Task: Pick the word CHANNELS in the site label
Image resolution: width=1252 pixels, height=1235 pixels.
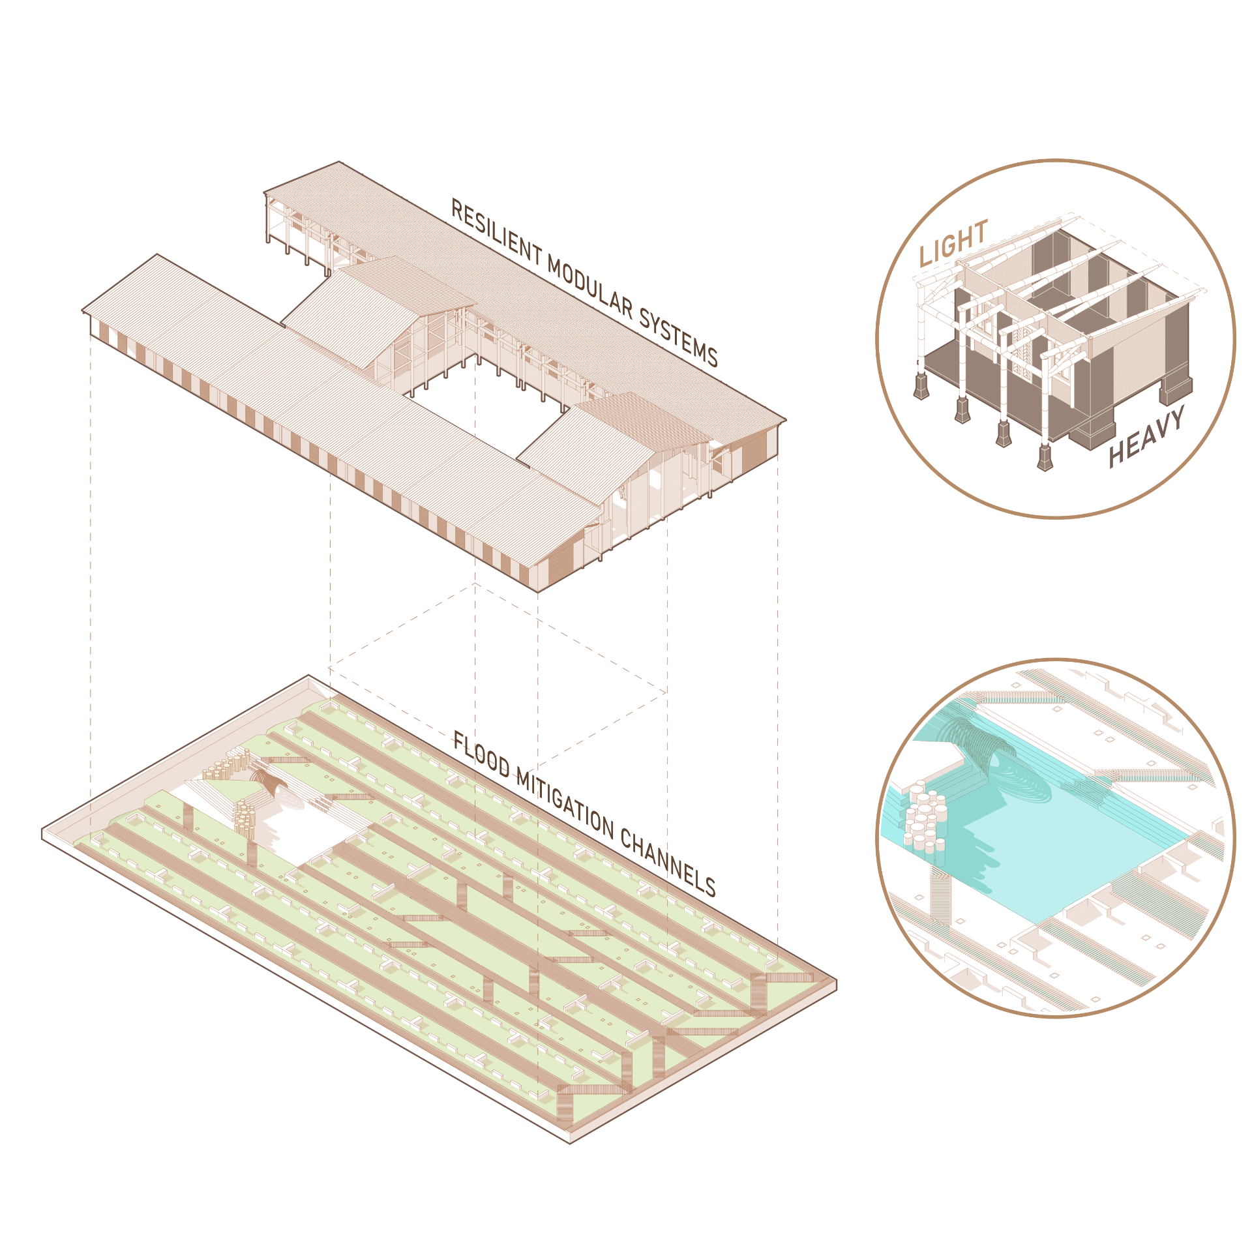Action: coord(668,863)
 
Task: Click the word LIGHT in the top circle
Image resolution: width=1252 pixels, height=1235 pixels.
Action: coord(953,243)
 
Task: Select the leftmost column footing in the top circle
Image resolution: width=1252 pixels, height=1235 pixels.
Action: coord(921,385)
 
